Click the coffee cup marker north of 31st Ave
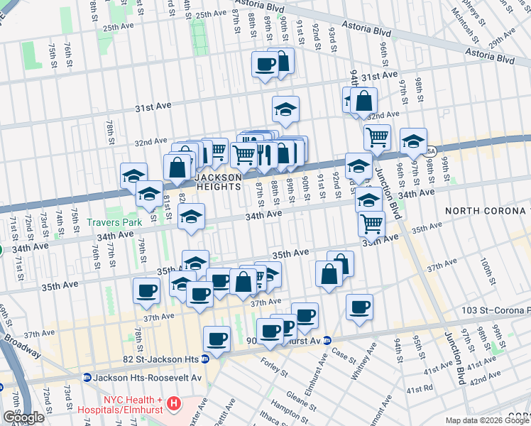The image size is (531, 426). pyautogui.click(x=265, y=65)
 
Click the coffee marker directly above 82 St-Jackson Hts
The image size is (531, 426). pyautogui.click(x=217, y=338)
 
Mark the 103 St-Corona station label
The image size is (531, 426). pyautogui.click(x=496, y=311)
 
